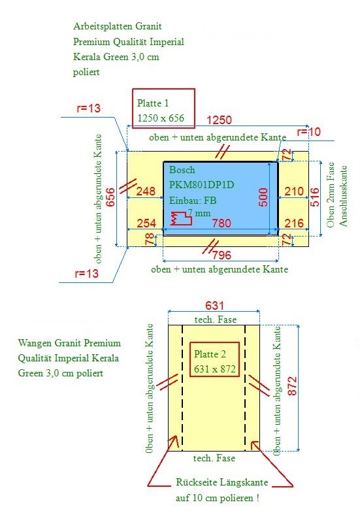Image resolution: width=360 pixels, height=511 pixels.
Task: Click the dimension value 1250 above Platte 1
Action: click(x=220, y=120)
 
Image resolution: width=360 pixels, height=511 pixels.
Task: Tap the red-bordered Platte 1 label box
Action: click(x=163, y=108)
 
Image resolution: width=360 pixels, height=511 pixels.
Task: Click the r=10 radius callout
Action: click(x=309, y=131)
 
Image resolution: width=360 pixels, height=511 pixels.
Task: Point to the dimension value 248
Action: click(x=146, y=191)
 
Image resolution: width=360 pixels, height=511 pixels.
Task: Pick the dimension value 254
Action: click(x=146, y=223)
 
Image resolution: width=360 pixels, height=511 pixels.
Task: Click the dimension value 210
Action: click(x=294, y=191)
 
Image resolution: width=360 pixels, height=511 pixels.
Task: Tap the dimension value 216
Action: click(x=294, y=223)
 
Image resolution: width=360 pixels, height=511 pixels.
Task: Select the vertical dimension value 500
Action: click(x=263, y=197)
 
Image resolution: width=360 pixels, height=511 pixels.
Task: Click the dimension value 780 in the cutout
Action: click(x=221, y=223)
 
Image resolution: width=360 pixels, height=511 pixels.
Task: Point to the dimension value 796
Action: click(x=221, y=255)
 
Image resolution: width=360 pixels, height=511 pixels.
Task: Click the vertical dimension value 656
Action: click(x=110, y=197)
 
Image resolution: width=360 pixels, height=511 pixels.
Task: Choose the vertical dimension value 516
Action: click(x=315, y=197)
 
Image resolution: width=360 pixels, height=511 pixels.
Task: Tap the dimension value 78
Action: click(x=150, y=240)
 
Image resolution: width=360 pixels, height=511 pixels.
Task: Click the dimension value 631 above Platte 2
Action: click(x=214, y=306)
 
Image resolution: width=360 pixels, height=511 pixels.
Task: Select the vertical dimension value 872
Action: click(x=292, y=386)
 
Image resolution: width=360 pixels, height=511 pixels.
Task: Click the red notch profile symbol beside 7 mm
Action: click(x=181, y=218)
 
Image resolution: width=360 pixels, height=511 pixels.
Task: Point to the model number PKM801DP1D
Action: click(x=201, y=185)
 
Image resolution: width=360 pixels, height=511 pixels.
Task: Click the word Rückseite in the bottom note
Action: click(x=194, y=482)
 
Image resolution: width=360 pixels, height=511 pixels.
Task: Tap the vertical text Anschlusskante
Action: click(x=343, y=196)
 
